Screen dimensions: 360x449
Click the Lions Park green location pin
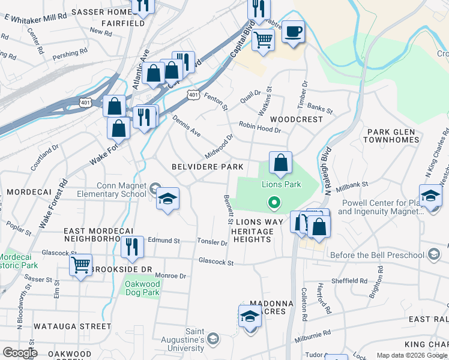point(274,203)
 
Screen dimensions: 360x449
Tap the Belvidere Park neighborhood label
point(208,166)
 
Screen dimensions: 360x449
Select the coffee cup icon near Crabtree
point(293,32)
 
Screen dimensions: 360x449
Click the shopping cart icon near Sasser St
point(80,265)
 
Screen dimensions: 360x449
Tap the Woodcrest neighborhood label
point(297,119)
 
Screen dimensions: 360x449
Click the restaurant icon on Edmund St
point(131,247)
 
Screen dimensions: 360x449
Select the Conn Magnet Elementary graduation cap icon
point(167,199)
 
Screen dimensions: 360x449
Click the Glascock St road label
point(215,262)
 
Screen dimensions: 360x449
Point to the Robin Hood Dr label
point(259,125)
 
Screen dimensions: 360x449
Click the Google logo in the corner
point(20,353)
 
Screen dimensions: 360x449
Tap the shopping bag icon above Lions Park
point(280,162)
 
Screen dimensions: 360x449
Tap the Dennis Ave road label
point(187,126)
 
